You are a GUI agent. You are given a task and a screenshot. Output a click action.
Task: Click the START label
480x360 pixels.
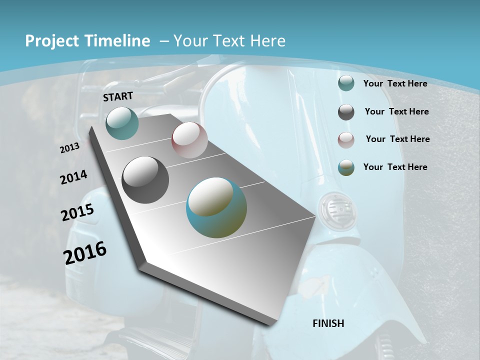click(x=118, y=96)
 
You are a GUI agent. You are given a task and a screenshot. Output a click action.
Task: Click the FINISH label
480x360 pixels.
click(x=328, y=323)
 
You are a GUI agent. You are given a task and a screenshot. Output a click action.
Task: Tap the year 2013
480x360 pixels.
click(x=70, y=147)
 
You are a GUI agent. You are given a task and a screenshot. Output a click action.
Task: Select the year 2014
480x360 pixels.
click(x=73, y=177)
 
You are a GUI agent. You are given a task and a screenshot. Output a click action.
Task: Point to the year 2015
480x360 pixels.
click(x=77, y=212)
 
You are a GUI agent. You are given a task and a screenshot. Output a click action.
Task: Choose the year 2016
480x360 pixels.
click(x=85, y=253)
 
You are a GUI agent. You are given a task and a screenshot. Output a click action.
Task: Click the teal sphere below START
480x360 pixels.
click(x=122, y=123)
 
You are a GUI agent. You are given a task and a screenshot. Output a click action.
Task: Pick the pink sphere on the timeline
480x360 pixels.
click(x=189, y=140)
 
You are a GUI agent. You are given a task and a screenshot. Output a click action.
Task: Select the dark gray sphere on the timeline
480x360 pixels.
click(x=145, y=180)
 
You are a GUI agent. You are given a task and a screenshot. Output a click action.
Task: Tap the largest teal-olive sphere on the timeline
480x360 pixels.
click(x=216, y=207)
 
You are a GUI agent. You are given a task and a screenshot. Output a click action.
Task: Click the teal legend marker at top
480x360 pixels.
click(x=346, y=83)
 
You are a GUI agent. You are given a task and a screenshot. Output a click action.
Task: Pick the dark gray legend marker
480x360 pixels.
click(x=346, y=112)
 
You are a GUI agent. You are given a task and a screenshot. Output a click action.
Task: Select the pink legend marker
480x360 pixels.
click(x=346, y=139)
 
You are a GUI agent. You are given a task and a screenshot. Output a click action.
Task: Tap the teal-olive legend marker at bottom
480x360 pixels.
click(x=346, y=167)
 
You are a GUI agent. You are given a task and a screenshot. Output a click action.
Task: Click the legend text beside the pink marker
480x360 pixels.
click(x=397, y=139)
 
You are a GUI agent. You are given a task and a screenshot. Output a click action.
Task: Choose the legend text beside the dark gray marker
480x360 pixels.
click(x=396, y=111)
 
